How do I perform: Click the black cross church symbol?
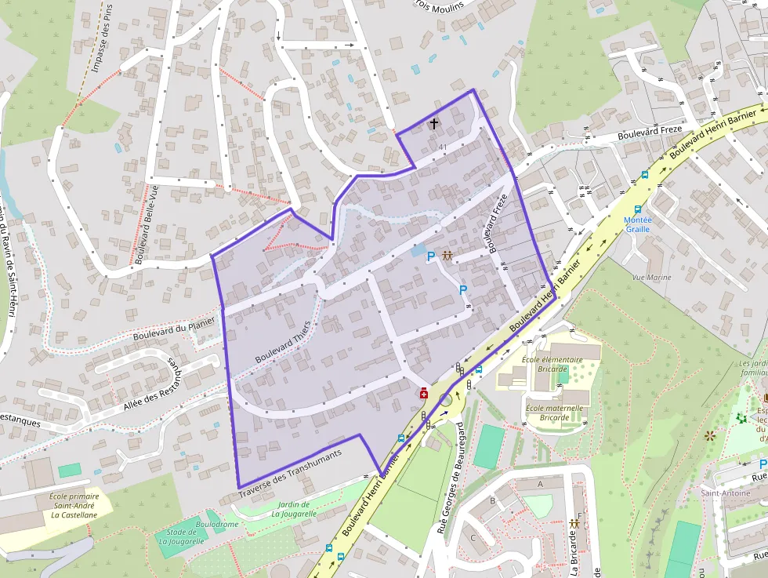pyautogui.click(x=434, y=124)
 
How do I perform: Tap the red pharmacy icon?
pyautogui.click(x=423, y=392)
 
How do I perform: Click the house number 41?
pyautogui.click(x=443, y=147)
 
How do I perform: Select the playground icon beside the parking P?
pyautogui.click(x=447, y=256)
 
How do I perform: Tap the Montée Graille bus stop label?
pyautogui.click(x=637, y=224)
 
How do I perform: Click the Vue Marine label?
pyautogui.click(x=651, y=278)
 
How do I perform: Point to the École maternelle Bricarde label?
pyautogui.click(x=554, y=413)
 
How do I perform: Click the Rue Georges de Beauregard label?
pyautogui.click(x=449, y=475)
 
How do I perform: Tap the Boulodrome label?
pyautogui.click(x=216, y=524)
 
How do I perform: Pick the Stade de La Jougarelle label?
pyautogui.click(x=181, y=536)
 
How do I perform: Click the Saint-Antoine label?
pyautogui.click(x=725, y=493)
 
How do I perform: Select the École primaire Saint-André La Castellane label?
pyautogui.click(x=74, y=505)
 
